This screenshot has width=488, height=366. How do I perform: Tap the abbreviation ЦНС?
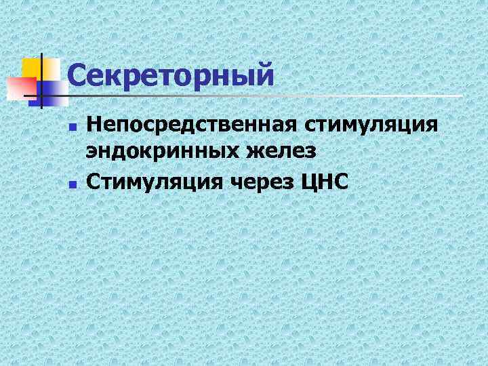click(327, 181)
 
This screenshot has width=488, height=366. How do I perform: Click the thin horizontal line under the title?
click(271, 96)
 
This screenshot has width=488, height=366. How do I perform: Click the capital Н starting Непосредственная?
click(94, 127)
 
